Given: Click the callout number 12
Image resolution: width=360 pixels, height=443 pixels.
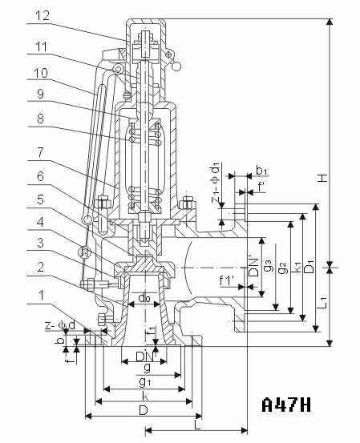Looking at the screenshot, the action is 42,15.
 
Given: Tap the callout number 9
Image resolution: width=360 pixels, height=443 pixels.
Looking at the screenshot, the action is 40,94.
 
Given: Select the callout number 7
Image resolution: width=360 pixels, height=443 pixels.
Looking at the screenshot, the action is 40,152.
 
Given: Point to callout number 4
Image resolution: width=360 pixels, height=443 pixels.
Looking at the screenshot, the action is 40,222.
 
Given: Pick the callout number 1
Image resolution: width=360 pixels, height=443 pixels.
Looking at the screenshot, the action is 42,295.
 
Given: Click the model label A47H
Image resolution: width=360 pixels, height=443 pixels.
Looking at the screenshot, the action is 286,405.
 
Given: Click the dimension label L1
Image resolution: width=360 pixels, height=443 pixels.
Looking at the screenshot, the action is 324,302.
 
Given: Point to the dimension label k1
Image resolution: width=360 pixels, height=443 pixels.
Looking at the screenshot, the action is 297,267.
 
